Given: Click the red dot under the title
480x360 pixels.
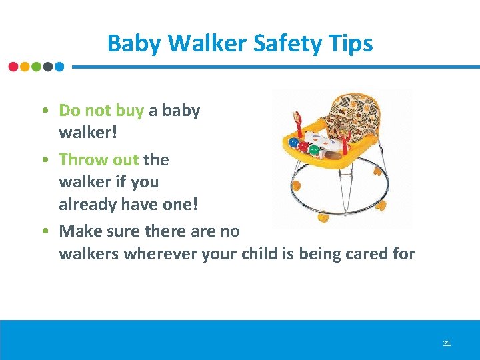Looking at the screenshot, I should coord(13,67).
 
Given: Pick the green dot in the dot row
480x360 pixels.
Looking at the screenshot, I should coord(37,67).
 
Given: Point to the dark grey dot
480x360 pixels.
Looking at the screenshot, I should coord(48,67).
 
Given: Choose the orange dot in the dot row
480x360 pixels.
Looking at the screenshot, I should coord(25,67).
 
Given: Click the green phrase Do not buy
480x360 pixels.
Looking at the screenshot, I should coord(101,110).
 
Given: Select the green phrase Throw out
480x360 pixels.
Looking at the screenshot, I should coord(99,159).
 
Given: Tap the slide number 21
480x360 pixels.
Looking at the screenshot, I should coord(447,343).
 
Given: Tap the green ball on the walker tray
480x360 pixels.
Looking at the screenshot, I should coord(314,150).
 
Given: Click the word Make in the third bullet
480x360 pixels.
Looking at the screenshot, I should coord(79,231).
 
